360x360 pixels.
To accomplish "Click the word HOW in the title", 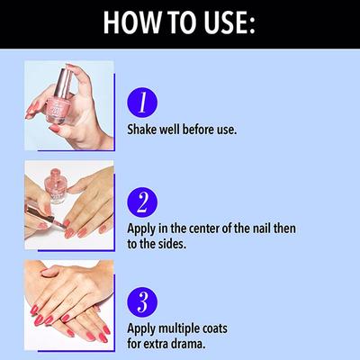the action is pos(131,22).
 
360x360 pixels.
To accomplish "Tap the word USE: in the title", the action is pos(229,22).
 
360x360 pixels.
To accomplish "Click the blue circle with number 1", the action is pos(142,103).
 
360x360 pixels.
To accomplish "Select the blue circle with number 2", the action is pos(142,202).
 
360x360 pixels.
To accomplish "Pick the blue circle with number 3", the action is pos(142,302).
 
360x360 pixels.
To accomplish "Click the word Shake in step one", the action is pos(142,130).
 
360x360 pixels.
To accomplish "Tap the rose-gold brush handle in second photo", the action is pos(39,213).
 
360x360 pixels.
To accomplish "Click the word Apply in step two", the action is pos(141,229).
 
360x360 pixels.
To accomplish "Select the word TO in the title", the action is pos(181,22).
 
